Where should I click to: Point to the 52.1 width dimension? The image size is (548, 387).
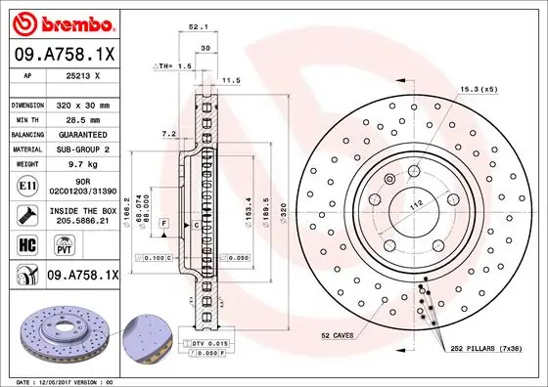196,27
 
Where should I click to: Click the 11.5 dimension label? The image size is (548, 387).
231,80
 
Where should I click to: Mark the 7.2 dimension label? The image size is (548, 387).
167,133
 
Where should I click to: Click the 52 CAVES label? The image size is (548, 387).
339,336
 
